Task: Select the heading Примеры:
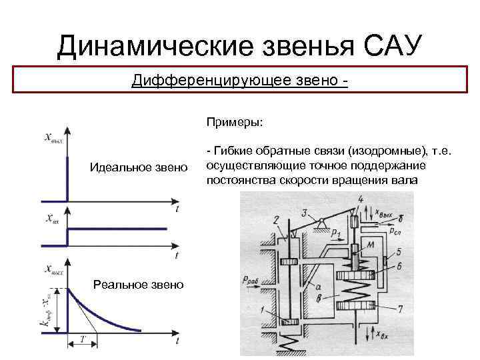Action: point(235,123)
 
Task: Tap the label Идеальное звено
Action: point(139,165)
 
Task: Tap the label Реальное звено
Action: point(139,285)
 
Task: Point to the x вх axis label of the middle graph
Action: point(54,219)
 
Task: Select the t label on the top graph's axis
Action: point(177,209)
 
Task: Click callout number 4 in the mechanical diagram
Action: point(361,199)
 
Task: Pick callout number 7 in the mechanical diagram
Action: point(399,309)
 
